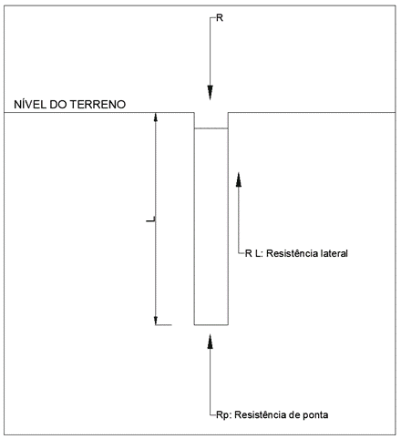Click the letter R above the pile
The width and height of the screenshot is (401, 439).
click(220, 18)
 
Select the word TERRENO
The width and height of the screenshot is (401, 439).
click(98, 105)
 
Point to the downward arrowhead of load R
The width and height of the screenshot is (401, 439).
click(210, 92)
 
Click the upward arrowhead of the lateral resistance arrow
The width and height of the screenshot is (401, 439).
click(239, 179)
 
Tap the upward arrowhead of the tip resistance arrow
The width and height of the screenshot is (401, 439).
click(210, 342)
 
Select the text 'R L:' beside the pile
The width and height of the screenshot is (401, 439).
click(254, 253)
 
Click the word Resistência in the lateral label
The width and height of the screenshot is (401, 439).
click(288, 253)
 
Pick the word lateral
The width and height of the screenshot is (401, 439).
click(330, 253)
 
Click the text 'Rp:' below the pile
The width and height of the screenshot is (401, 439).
click(224, 415)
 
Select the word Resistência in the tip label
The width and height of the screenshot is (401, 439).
click(256, 414)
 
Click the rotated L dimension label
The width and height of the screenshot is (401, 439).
click(151, 219)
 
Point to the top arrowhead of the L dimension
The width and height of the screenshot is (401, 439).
click(156, 117)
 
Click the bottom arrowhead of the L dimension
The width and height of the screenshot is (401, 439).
click(156, 321)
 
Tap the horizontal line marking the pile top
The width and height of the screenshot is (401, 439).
click(211, 128)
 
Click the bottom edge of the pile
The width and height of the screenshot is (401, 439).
click(211, 325)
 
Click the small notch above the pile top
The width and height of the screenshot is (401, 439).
click(211, 120)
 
